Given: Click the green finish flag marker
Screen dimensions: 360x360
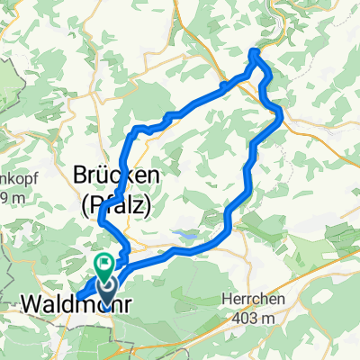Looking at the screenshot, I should coord(104,265).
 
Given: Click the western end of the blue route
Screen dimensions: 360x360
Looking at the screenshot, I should coord(78,298).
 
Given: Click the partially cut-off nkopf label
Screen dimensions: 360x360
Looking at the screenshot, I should coord(11,180).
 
